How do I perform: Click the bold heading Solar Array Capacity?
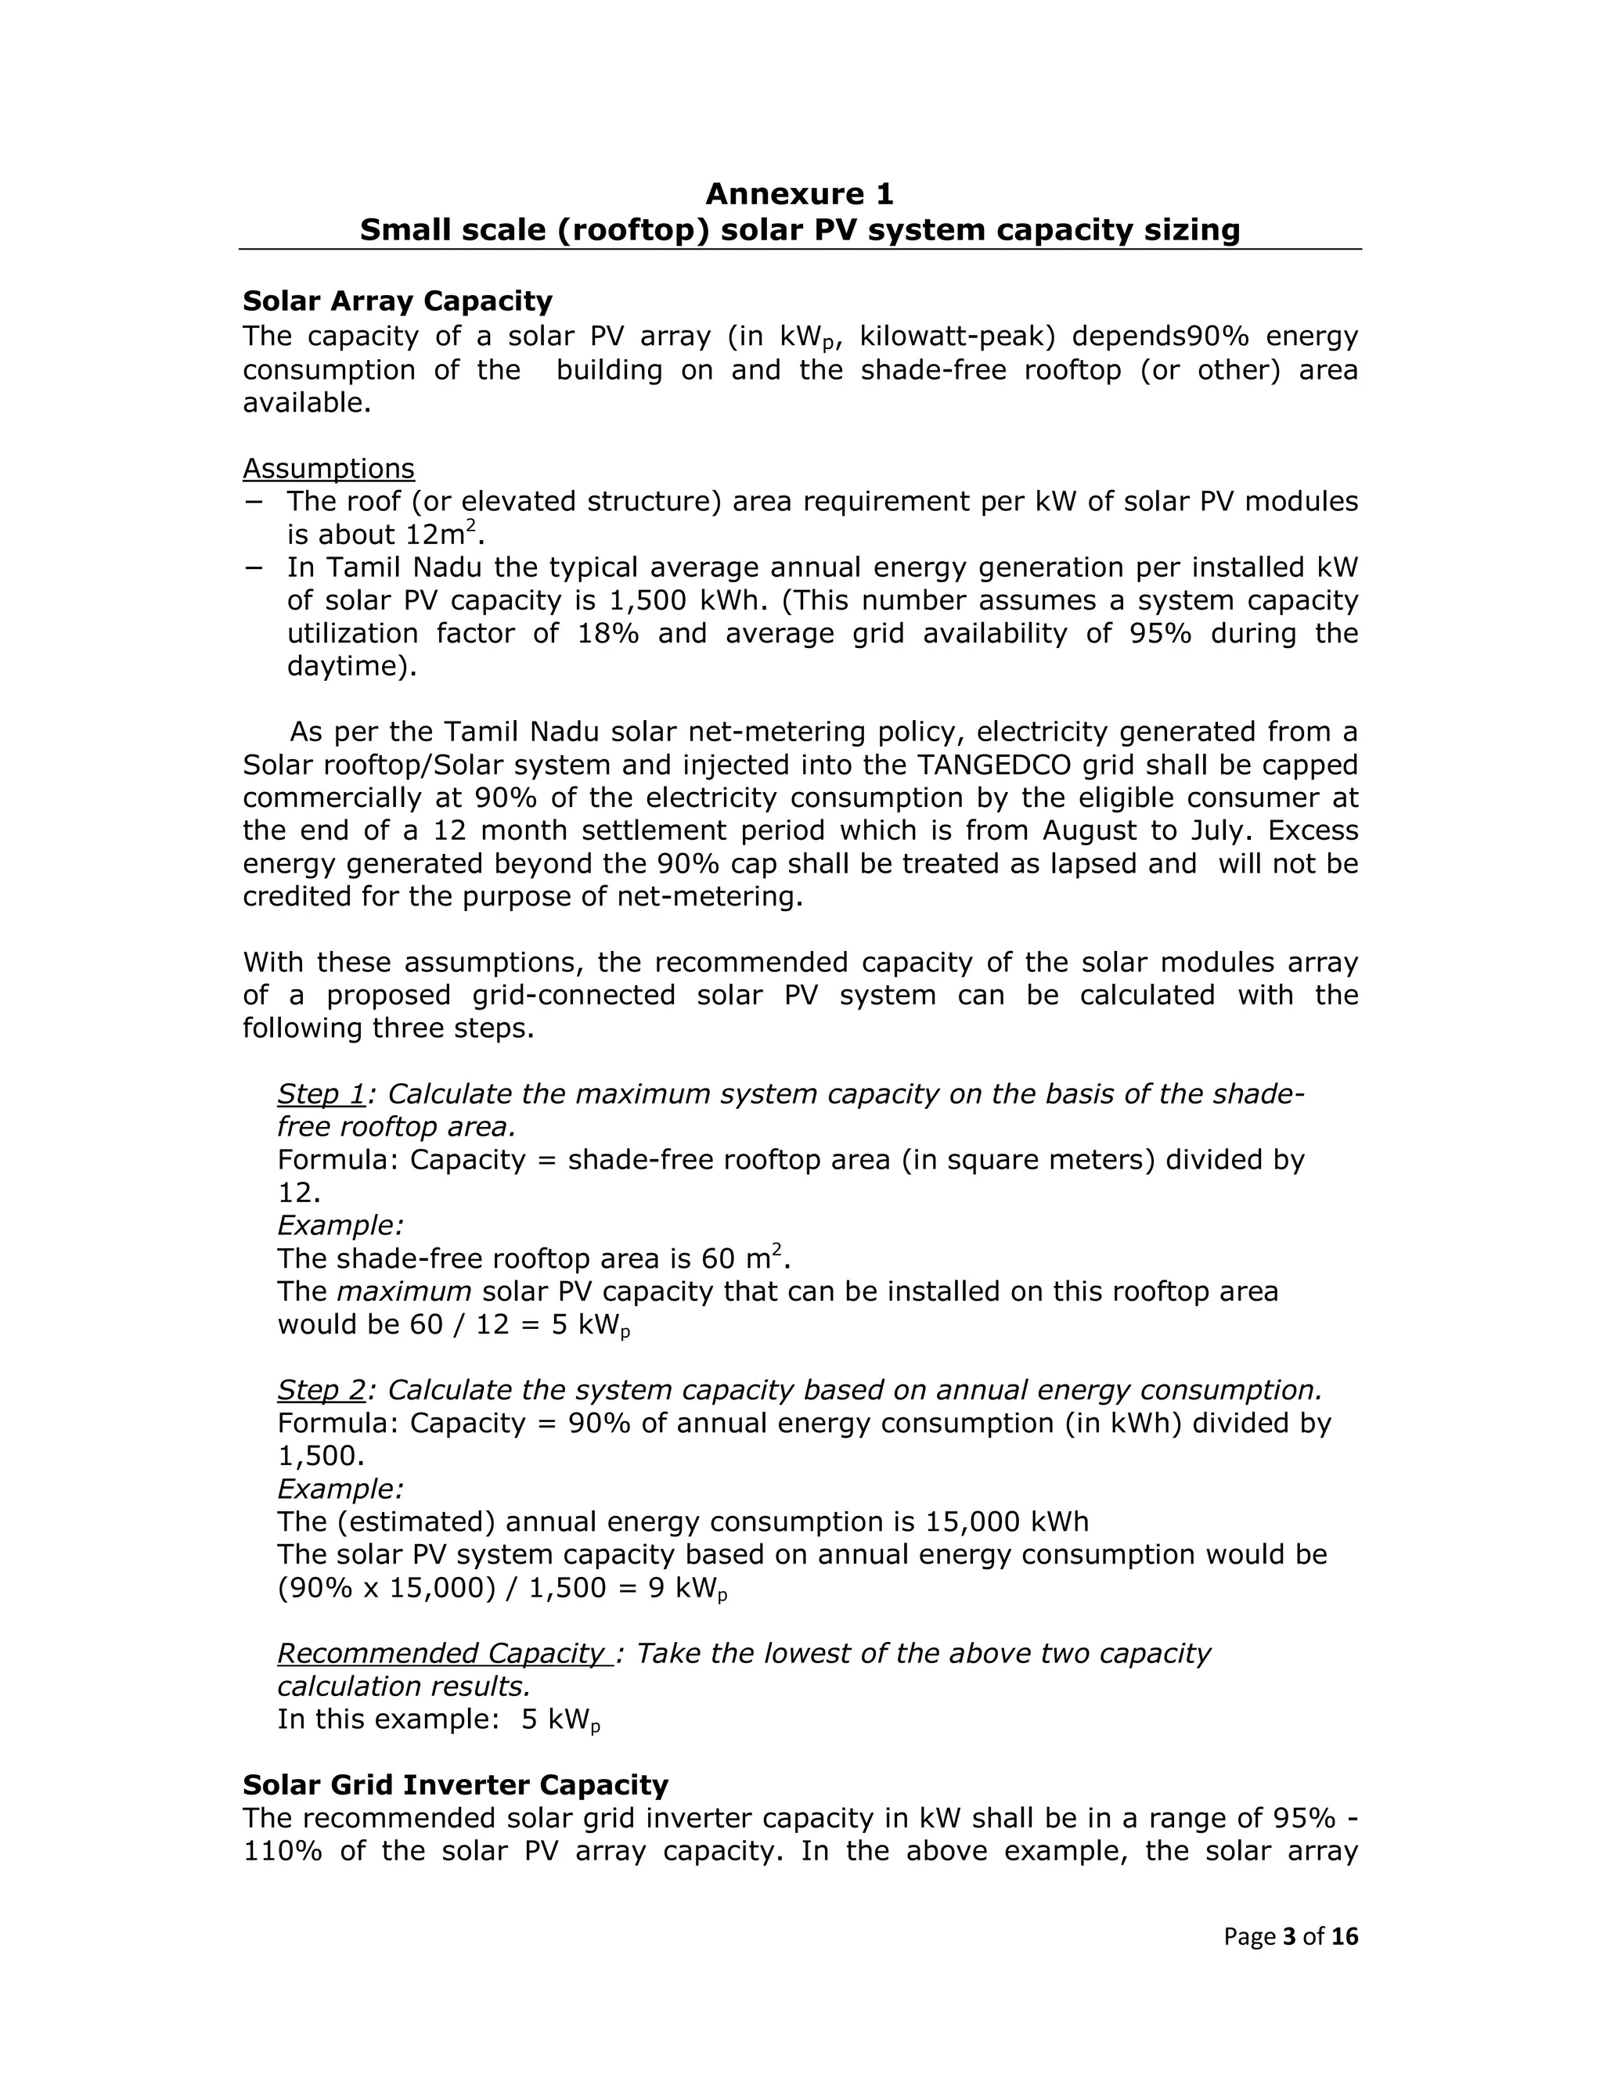(397, 301)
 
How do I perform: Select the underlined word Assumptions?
(329, 468)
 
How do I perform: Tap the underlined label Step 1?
(321, 1094)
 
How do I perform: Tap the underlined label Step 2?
(321, 1390)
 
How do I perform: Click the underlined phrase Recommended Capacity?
(442, 1653)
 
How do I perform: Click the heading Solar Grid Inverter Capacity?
(455, 1785)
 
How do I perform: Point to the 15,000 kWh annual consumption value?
(1007, 1522)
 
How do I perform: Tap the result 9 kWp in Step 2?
(687, 1589)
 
